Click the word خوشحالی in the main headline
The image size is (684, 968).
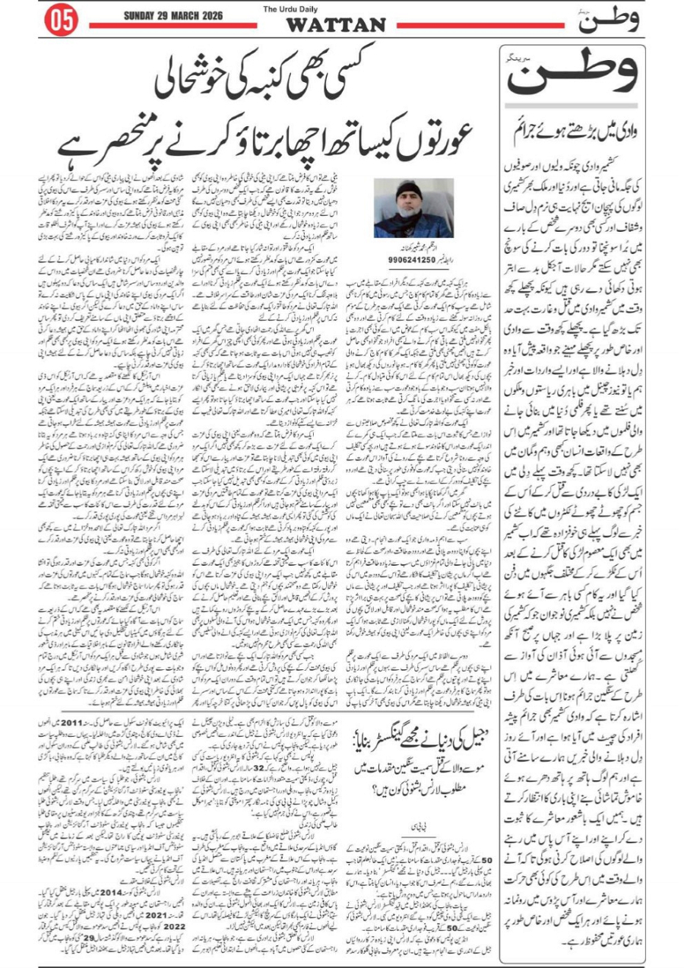(x=208, y=84)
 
